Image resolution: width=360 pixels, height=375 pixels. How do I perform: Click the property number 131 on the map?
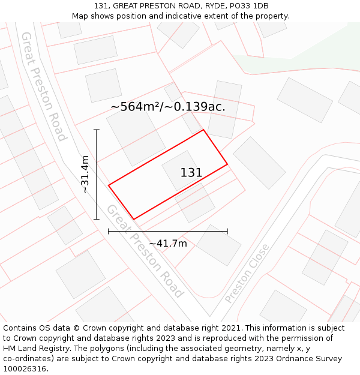pos(191,173)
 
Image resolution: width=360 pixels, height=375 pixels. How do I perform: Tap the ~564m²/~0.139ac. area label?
pos(168,107)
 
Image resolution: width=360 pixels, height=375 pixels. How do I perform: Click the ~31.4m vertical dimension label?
pos(85,174)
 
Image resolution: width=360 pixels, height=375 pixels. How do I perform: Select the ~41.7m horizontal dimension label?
pos(168,243)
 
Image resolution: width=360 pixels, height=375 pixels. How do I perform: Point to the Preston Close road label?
pos(247,273)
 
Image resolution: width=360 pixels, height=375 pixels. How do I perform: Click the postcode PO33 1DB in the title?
pos(247,6)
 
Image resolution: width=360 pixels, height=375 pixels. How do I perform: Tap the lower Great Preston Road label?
pos(145,251)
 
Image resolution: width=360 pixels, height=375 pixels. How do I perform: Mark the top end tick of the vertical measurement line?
pos(97,130)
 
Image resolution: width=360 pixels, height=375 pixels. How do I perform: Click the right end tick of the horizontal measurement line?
pos(227,231)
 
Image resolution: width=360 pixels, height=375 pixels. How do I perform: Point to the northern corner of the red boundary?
pos(204,130)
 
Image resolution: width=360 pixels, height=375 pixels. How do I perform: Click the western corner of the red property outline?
pos(109,185)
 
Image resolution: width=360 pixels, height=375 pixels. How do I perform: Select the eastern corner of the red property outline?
pos(227,164)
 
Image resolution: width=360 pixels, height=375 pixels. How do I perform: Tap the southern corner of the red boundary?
pos(133,219)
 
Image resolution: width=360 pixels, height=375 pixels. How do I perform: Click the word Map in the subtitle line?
pos(81,16)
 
